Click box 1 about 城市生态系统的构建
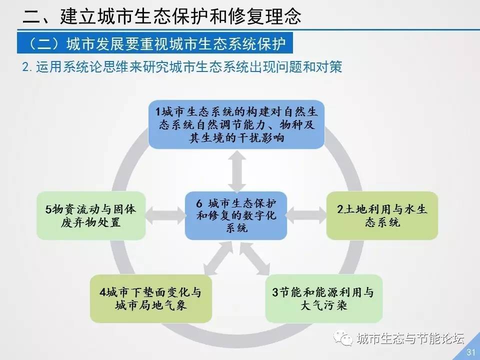(236, 124)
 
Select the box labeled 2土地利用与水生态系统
(382, 215)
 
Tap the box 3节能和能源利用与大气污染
(324, 298)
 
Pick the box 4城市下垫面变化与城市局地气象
(151, 298)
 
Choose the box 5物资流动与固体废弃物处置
(91, 215)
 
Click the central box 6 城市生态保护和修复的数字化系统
(236, 215)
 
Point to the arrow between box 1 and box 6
(236, 171)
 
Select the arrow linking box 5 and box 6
(165, 215)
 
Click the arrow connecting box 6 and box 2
(306, 215)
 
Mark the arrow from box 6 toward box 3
(254, 258)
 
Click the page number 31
(470, 352)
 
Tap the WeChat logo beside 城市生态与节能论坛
(343, 338)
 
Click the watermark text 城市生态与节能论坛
(410, 338)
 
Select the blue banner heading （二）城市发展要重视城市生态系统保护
(155, 43)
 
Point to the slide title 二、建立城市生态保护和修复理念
(162, 16)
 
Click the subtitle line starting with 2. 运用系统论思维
(182, 66)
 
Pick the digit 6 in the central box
(199, 203)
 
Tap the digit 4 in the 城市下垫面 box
(103, 292)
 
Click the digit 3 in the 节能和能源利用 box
(275, 292)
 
